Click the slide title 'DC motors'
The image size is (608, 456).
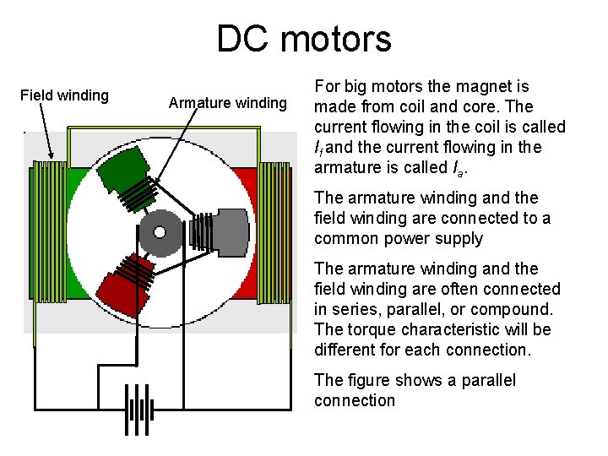pos(304,39)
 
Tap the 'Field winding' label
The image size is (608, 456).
pos(64,95)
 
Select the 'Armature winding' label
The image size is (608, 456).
pos(228,103)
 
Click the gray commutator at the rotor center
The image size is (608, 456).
pos(160,231)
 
